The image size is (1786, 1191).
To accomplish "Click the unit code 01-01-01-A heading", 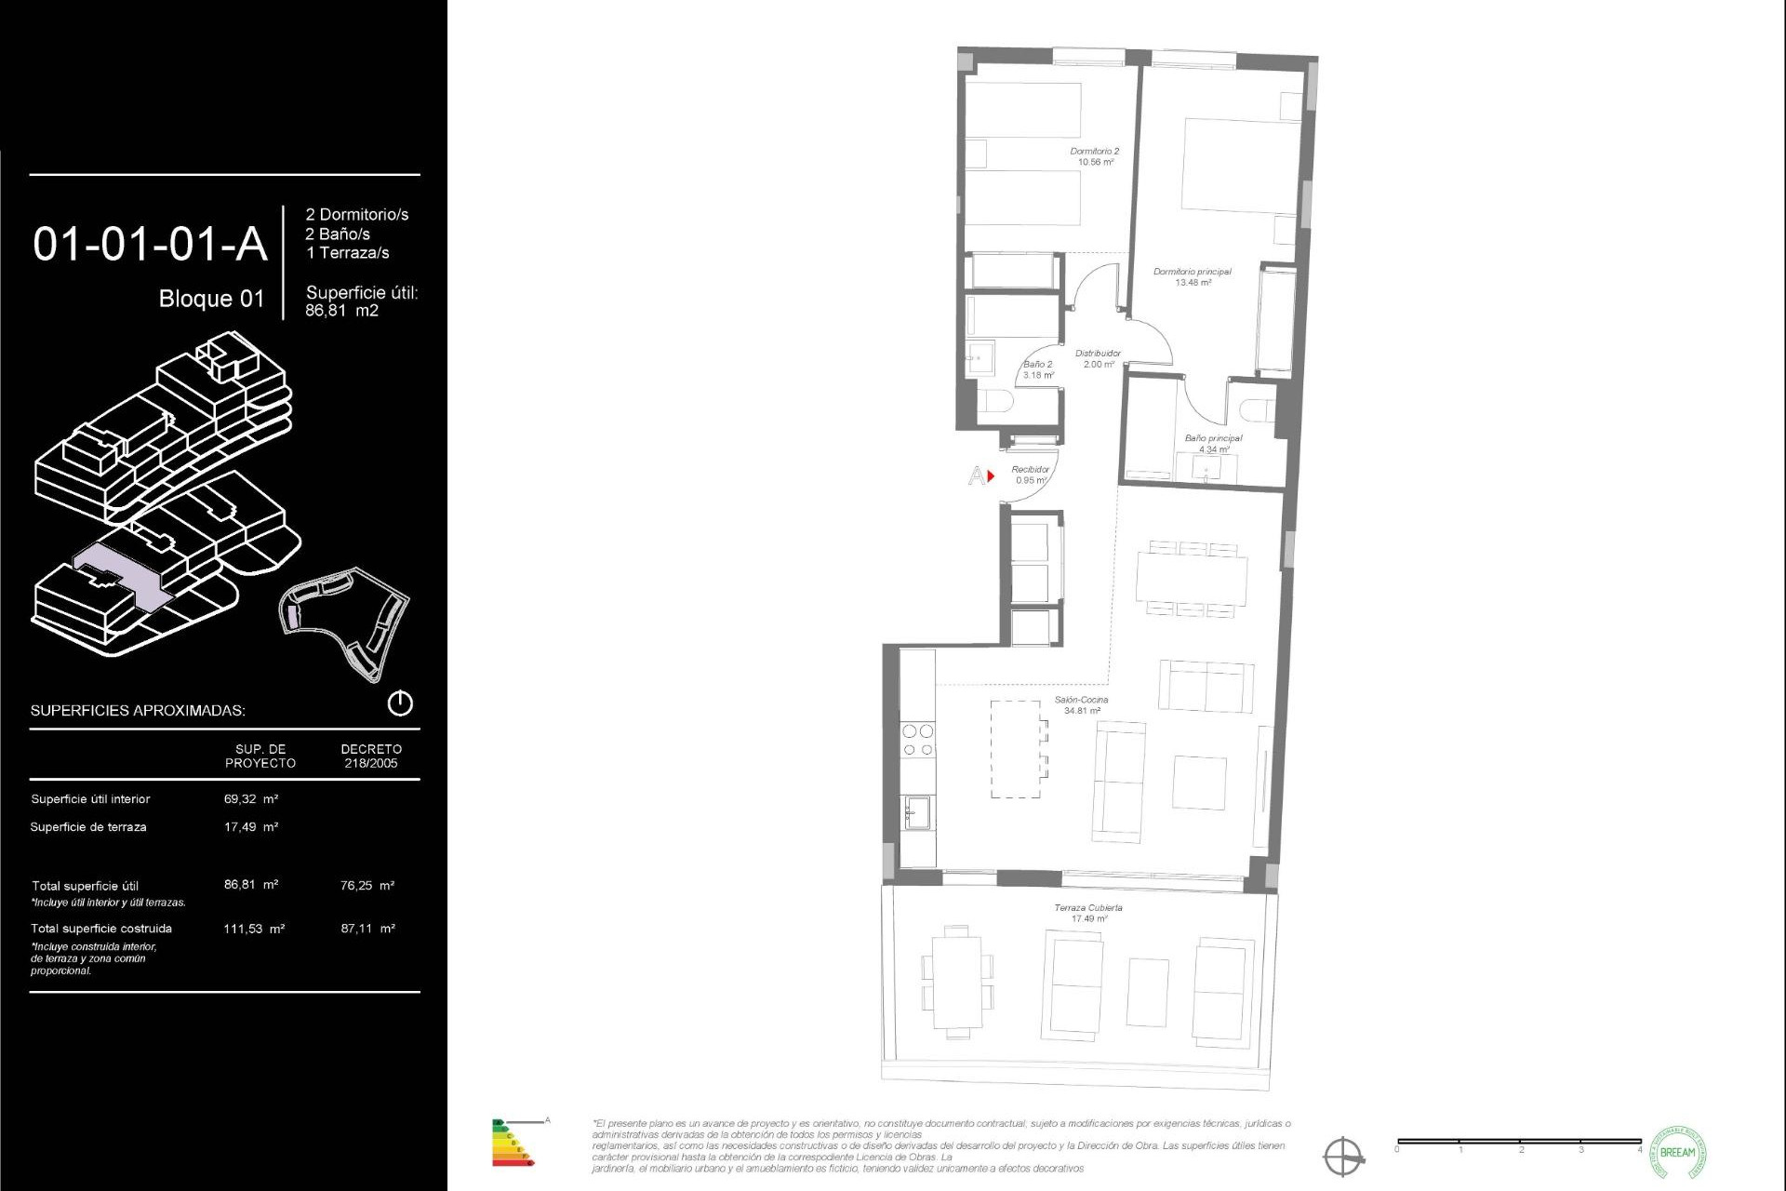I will coord(150,244).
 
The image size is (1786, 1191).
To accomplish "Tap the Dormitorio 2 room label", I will coord(1095,156).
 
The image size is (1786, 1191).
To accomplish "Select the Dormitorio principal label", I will coord(1193,277).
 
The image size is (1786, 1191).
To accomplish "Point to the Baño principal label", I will coord(1213,444).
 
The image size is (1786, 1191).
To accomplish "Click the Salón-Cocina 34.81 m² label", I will coord(1082,705).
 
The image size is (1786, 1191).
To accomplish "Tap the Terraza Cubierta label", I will coord(1088,913).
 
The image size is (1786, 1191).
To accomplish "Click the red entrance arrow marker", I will coord(992,476).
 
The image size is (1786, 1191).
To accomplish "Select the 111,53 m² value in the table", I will coord(254,929).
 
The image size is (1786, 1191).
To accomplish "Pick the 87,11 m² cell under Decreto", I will coord(367,929).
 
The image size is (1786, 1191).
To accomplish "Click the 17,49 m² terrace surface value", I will coord(251,827).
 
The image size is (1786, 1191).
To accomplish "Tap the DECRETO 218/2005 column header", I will coord(371,756).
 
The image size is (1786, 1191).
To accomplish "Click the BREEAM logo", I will coord(1677,1153).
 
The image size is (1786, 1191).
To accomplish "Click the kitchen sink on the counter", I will coord(919,812).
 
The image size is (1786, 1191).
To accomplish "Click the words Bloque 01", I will coord(211,299).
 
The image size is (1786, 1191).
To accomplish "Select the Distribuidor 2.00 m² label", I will coord(1098,359).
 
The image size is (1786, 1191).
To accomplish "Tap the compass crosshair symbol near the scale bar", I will coord(1343,1157).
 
